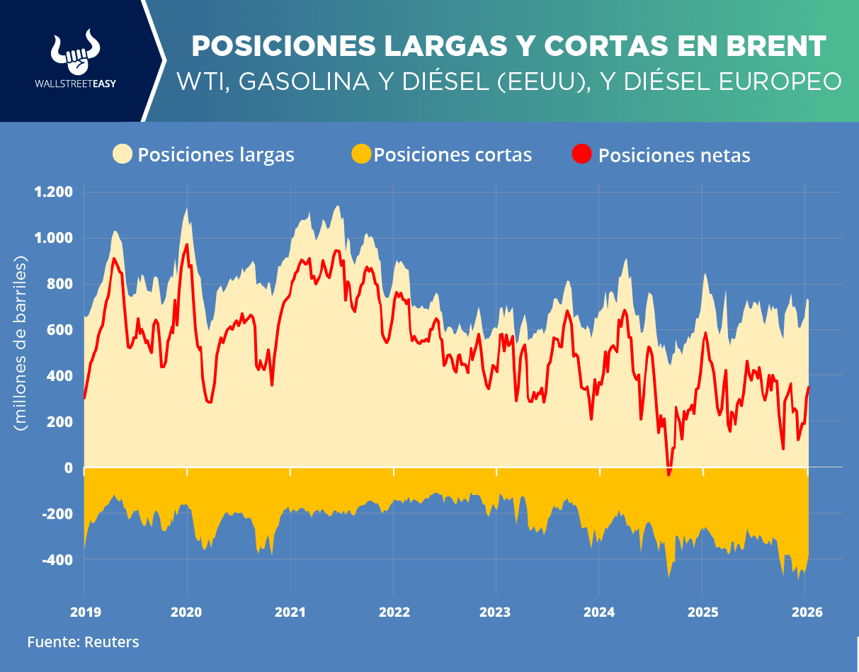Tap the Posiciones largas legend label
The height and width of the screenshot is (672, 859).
pyautogui.click(x=216, y=154)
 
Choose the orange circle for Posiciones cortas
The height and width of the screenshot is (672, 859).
pyautogui.click(x=361, y=154)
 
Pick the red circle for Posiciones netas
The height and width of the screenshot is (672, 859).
pyautogui.click(x=582, y=154)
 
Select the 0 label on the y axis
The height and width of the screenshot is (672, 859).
pyautogui.click(x=68, y=468)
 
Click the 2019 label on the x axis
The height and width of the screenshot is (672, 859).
pyautogui.click(x=84, y=612)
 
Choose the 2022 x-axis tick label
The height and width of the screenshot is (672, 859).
pyautogui.click(x=392, y=612)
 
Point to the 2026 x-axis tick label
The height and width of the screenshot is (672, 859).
pyautogui.click(x=807, y=612)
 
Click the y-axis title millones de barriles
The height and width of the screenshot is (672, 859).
pyautogui.click(x=21, y=346)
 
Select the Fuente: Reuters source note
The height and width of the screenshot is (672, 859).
pyautogui.click(x=84, y=642)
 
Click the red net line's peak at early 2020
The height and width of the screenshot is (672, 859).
pyautogui.click(x=187, y=245)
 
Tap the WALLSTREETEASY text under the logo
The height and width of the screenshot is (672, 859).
pyautogui.click(x=75, y=83)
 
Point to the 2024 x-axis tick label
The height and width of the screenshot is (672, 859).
pyautogui.click(x=598, y=612)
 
